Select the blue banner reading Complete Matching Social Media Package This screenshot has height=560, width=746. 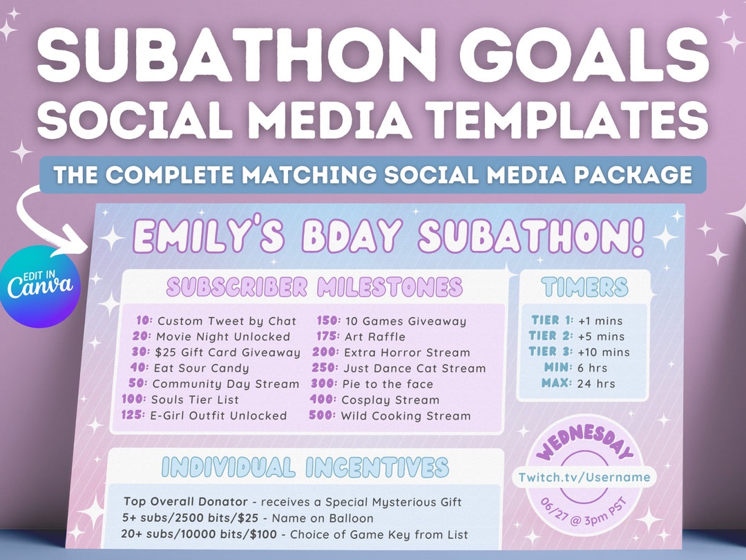tap(373, 174)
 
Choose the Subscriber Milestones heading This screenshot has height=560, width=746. tap(314, 286)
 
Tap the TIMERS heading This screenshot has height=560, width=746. tap(584, 286)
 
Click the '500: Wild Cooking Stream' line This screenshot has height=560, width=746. tap(393, 416)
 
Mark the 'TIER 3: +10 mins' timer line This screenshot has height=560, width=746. tap(580, 353)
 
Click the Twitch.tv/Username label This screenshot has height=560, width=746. tap(584, 477)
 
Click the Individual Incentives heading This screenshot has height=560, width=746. tap(304, 467)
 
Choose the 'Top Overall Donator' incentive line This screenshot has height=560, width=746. tap(292, 501)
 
